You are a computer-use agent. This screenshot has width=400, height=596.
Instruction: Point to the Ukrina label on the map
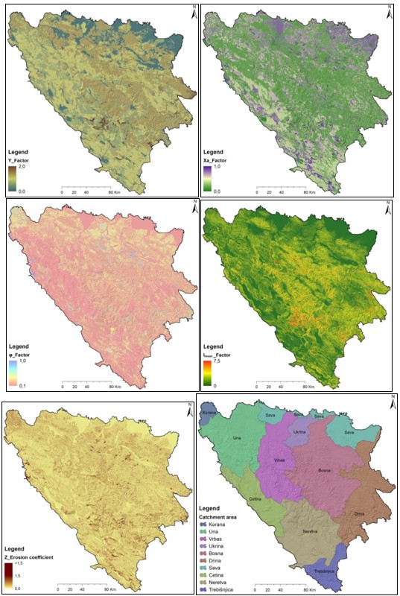tap(301, 431)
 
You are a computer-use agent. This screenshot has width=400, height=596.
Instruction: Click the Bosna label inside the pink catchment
tap(326, 470)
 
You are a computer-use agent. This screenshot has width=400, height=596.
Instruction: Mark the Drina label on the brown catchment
tap(360, 513)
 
